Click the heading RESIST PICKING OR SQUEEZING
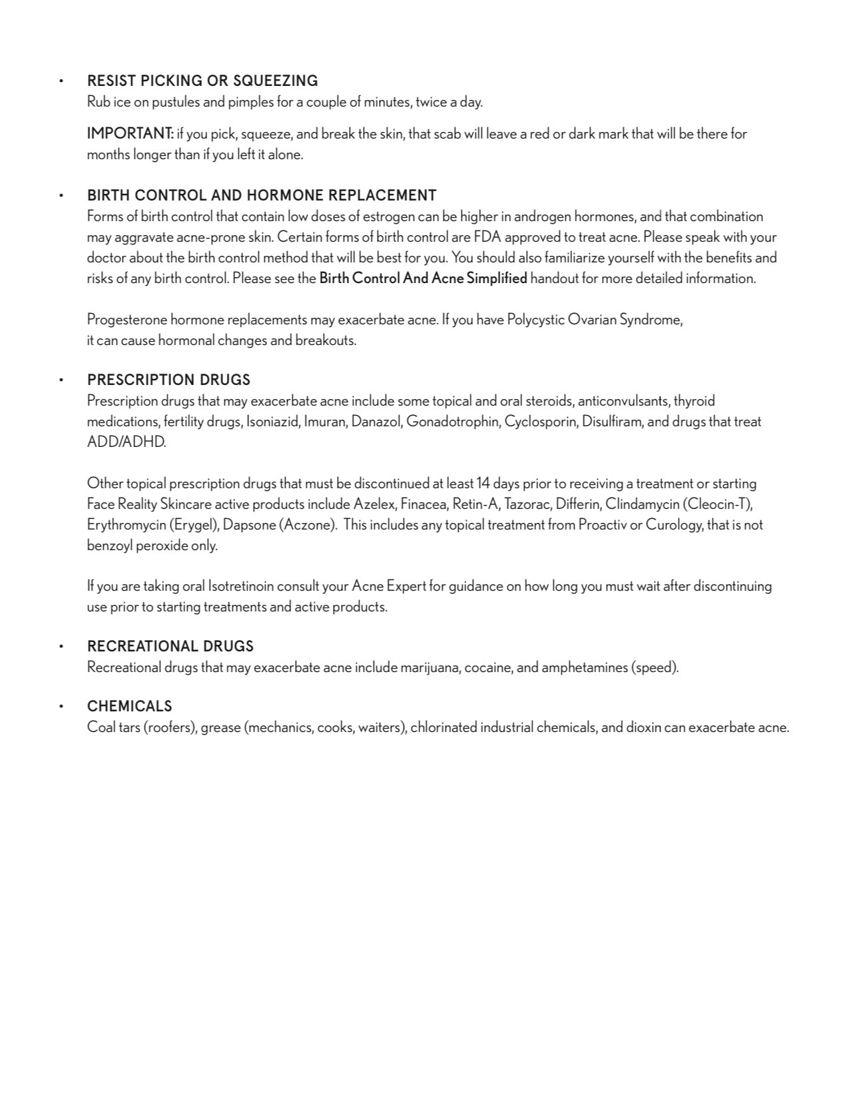click(x=202, y=81)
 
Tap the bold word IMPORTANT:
click(x=131, y=133)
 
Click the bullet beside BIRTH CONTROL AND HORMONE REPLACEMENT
click(x=61, y=196)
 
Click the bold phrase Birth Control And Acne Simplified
click(x=423, y=278)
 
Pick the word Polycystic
click(x=535, y=320)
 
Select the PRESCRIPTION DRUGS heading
click(x=168, y=380)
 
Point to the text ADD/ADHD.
click(x=127, y=442)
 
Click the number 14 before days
click(x=483, y=484)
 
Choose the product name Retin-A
click(x=475, y=504)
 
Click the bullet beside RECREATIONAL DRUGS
click(x=61, y=647)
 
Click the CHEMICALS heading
click(x=129, y=706)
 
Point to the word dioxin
click(x=643, y=727)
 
